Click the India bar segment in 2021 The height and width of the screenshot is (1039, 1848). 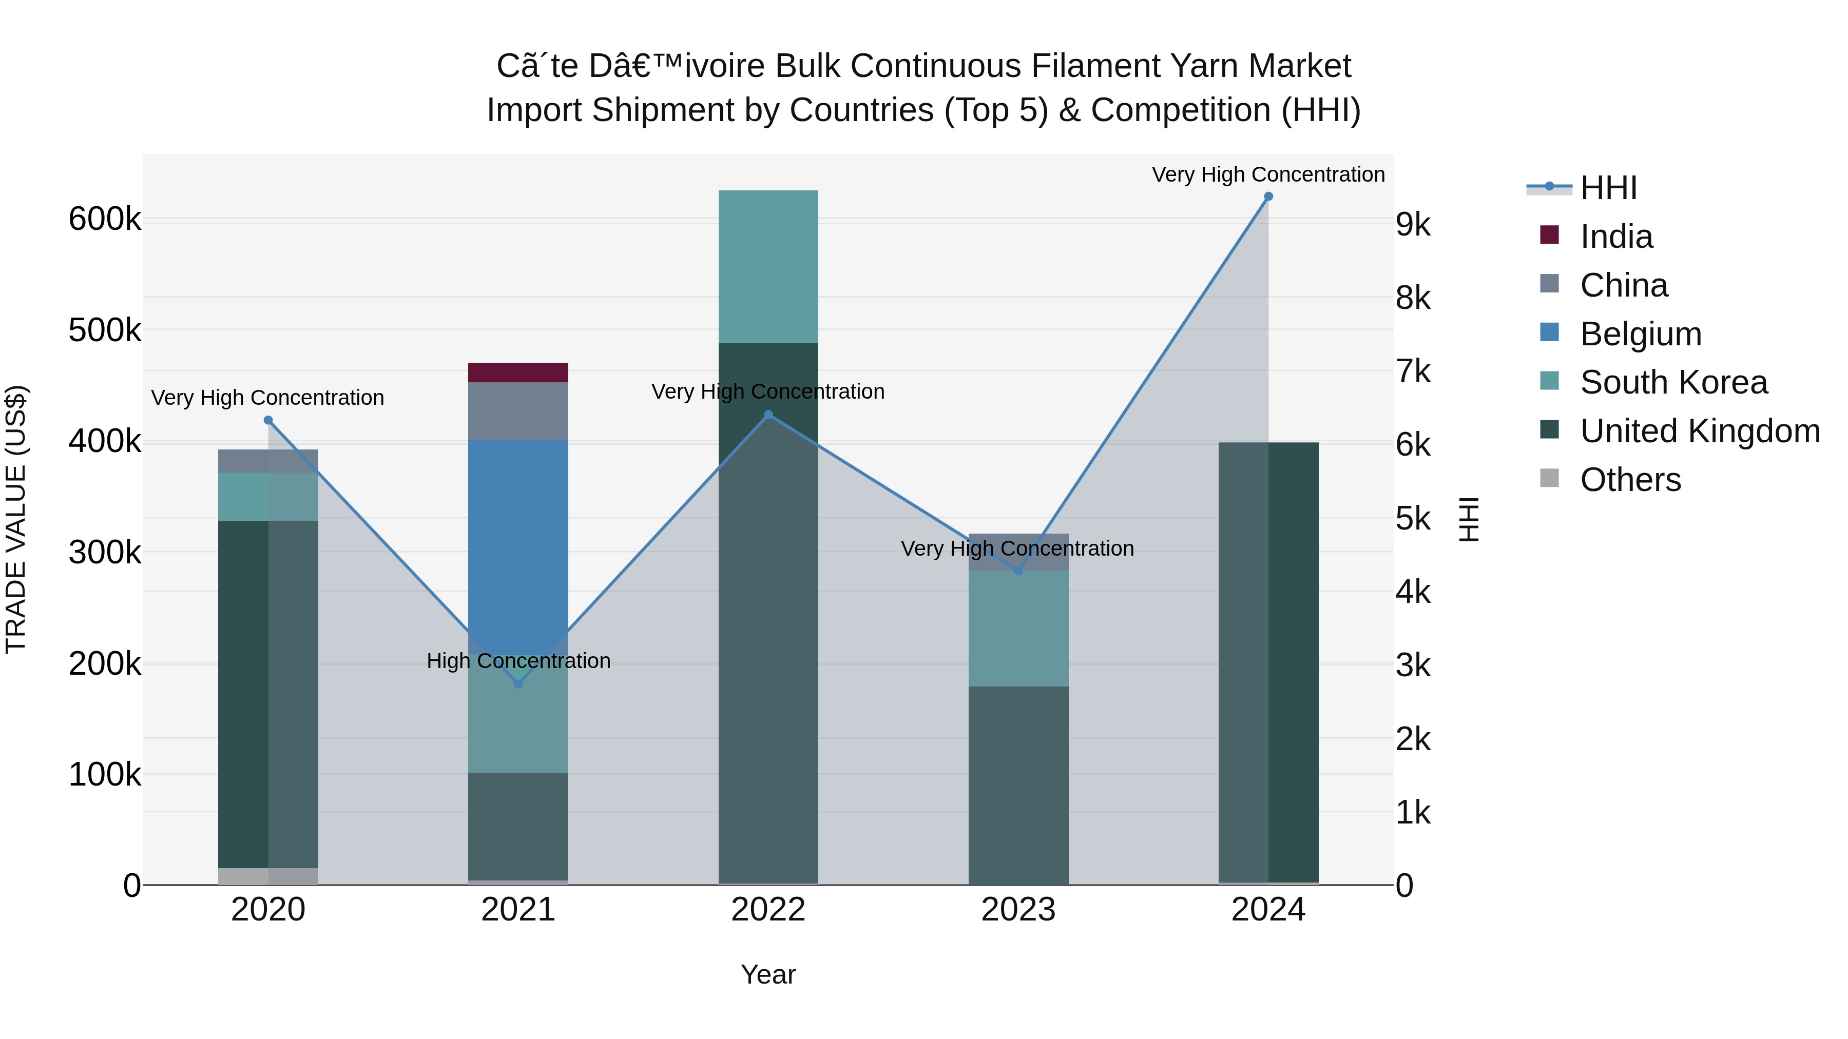518,372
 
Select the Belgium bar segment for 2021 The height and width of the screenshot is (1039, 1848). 518,531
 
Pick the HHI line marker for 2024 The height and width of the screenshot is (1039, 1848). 1268,197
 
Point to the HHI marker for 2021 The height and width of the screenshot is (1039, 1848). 518,684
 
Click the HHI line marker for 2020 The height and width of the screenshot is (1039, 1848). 268,420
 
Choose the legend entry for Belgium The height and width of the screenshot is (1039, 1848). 1640,334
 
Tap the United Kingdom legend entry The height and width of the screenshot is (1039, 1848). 1700,431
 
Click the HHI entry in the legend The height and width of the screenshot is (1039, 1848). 1608,188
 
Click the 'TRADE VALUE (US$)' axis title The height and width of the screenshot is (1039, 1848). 16,519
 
